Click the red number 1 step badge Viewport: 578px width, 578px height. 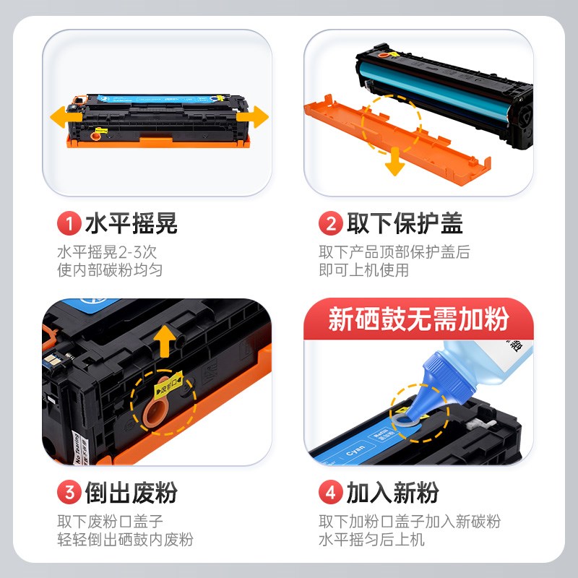pos(69,224)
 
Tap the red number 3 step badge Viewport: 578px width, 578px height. pos(69,493)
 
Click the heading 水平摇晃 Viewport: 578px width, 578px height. pos(131,224)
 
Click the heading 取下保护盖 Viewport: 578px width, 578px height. pos(405,224)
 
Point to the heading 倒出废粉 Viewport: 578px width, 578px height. pos(131,493)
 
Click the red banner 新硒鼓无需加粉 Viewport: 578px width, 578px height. pos(418,319)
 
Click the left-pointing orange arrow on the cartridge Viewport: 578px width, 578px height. pos(64,116)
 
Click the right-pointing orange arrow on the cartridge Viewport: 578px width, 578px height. pos(253,116)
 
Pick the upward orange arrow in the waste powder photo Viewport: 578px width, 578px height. pos(165,340)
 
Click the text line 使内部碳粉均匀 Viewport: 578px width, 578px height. pos(110,270)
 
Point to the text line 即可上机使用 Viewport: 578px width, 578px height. pos(364,270)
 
